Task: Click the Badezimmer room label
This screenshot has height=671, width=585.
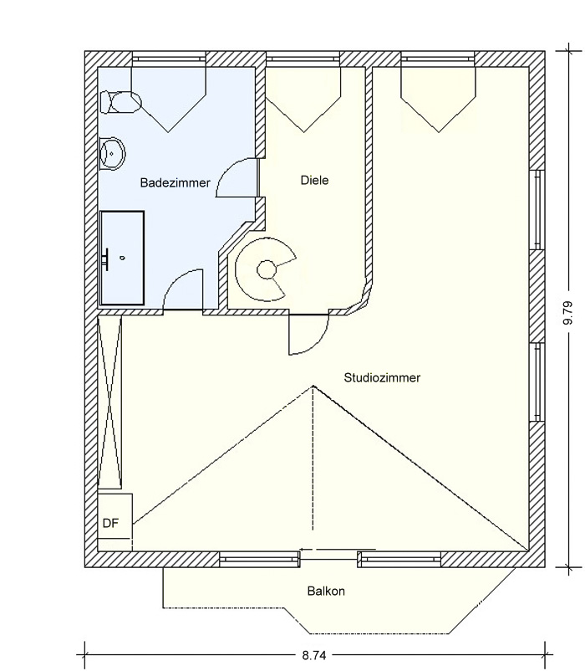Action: point(175,182)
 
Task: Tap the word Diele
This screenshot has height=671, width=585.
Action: point(314,180)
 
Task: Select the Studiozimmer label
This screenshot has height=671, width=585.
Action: point(382,377)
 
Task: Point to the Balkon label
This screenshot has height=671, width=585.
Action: point(326,591)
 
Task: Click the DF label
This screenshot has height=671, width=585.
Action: point(110,523)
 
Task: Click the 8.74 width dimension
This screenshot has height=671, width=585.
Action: point(314,655)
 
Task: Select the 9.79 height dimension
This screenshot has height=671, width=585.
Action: point(568,313)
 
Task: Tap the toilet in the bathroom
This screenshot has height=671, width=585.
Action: point(120,102)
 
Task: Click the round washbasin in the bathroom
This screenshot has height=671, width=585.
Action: point(111,153)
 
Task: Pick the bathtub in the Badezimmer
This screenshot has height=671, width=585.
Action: point(122,258)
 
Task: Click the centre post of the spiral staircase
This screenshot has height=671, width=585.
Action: point(267,269)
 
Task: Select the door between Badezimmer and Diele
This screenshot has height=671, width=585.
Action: point(237,178)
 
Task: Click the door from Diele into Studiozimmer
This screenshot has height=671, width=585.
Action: point(309,335)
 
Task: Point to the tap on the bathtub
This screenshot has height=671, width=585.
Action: point(106,259)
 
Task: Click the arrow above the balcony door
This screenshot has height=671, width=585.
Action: point(338,550)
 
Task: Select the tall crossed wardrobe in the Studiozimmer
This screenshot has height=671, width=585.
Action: point(109,402)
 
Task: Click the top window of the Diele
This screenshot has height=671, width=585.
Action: point(303,59)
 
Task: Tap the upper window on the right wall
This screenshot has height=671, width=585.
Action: point(537,210)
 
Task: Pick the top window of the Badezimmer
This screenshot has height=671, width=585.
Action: point(169,59)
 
